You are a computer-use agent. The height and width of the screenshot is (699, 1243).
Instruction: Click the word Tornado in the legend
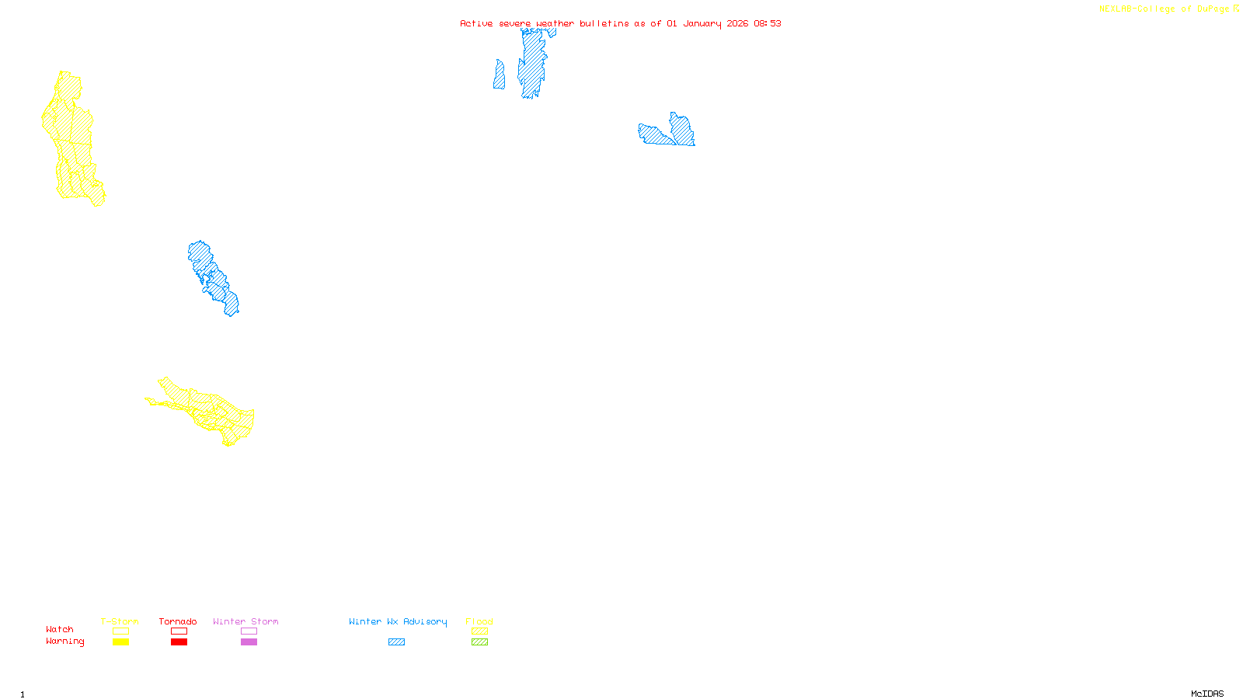pos(178,621)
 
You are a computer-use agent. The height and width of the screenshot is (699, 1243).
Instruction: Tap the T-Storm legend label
pos(120,621)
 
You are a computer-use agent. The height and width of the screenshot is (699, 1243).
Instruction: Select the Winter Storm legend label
pos(245,621)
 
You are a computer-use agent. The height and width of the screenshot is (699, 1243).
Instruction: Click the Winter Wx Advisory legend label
pos(398,621)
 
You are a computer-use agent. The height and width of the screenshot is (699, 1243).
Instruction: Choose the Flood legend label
pos(479,621)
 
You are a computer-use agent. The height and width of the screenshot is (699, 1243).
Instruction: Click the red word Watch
pos(60,629)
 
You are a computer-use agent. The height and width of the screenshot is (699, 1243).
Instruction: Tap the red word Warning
pos(65,642)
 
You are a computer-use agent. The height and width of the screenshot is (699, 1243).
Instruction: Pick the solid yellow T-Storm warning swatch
pos(120,642)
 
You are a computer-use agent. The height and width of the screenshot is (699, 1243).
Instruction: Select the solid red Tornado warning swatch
pos(179,642)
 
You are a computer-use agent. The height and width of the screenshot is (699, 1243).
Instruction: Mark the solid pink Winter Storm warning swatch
pos(249,642)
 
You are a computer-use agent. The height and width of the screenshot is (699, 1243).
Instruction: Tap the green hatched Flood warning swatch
pos(479,642)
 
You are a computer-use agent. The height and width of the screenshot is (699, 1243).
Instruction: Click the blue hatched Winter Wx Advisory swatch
pos(396,642)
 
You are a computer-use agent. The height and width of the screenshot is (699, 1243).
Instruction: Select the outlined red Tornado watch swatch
pos(179,631)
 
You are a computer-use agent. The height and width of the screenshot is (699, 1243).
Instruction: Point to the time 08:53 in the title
pos(767,23)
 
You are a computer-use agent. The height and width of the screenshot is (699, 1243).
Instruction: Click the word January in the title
pos(702,23)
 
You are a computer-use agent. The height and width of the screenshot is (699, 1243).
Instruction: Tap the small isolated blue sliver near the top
pos(499,75)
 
